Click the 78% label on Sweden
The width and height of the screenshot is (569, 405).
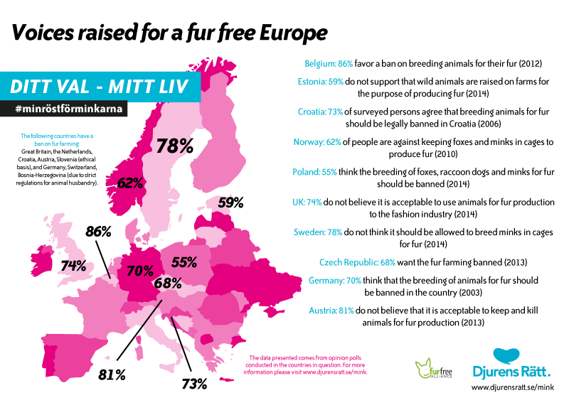click(x=175, y=146)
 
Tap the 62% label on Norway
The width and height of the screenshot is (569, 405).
click(x=130, y=183)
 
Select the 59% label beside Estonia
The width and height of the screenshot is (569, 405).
click(x=230, y=202)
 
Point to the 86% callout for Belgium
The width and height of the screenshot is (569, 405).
click(x=98, y=232)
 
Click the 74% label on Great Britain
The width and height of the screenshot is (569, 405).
click(x=73, y=266)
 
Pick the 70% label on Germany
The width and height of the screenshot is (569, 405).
click(x=140, y=271)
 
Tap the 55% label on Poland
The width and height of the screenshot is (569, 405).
click(x=184, y=261)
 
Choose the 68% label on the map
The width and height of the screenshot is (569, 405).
click(x=168, y=283)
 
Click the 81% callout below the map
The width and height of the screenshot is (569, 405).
click(x=112, y=375)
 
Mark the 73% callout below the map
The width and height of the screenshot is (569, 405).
click(x=194, y=384)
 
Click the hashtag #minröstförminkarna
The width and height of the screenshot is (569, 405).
click(x=69, y=109)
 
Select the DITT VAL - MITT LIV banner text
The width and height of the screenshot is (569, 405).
click(x=99, y=87)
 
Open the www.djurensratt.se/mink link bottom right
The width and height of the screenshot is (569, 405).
click(x=513, y=387)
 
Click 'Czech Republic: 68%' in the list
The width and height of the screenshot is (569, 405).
click(x=357, y=262)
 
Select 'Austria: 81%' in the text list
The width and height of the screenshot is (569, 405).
click(x=331, y=310)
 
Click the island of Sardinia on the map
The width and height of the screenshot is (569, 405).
click(x=137, y=352)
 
